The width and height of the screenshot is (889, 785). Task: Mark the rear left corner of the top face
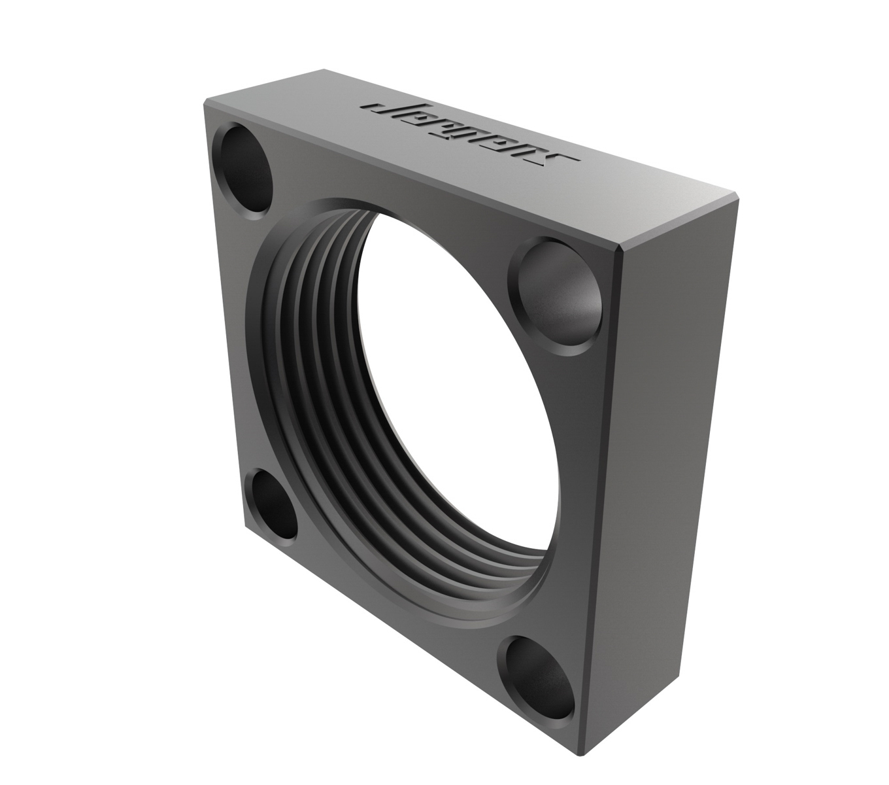(x=325, y=69)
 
